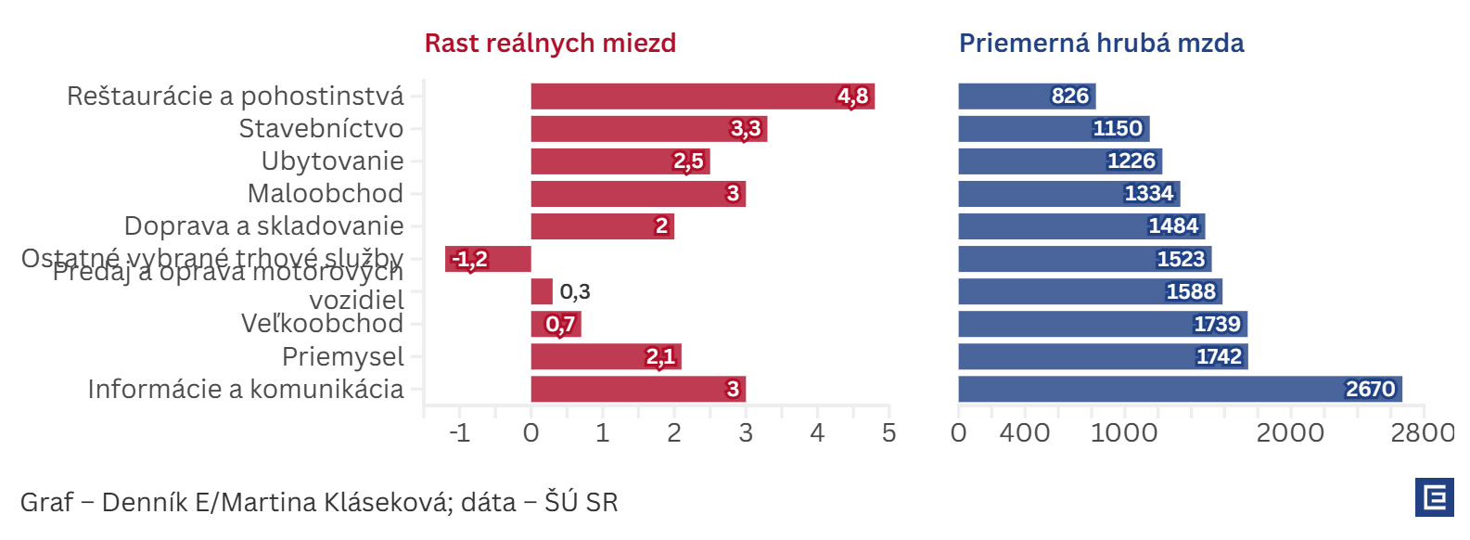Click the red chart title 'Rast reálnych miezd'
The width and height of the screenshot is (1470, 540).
tap(550, 44)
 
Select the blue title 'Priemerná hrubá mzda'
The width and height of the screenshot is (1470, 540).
tap(1101, 44)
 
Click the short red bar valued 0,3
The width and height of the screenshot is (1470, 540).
tap(542, 291)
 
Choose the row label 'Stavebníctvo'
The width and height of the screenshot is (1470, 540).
tap(321, 129)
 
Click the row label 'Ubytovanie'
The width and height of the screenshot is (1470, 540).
tap(332, 161)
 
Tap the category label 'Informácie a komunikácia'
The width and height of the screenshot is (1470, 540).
tap(246, 389)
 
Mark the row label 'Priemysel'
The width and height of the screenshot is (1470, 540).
tap(342, 356)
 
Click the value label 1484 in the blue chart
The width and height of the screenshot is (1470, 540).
tap(1173, 226)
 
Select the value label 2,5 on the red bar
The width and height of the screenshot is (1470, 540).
tap(688, 161)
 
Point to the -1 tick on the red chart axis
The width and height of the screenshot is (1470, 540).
tap(459, 432)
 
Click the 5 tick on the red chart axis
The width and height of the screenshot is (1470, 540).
tap(888, 432)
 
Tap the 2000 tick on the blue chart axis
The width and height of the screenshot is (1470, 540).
tap(1290, 432)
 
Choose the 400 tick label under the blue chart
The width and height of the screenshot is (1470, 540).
tap(1025, 432)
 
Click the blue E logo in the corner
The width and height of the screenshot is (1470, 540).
tap(1434, 497)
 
